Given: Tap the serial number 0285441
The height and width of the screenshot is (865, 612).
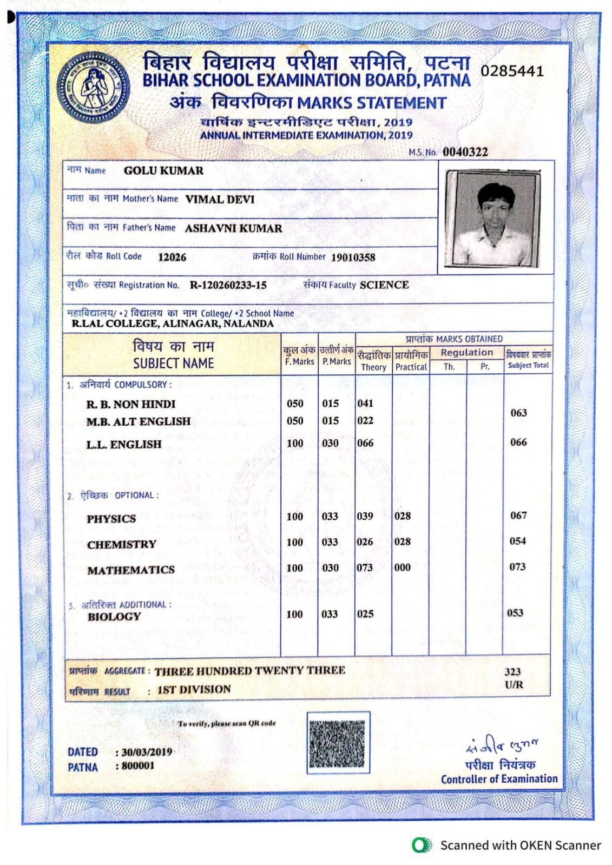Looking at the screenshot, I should tap(512, 71).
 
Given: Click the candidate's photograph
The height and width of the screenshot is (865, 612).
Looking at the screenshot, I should tap(492, 218).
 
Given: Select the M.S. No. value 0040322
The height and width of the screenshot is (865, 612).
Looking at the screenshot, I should tap(465, 152).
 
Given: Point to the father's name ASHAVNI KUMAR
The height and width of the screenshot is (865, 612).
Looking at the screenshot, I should tap(233, 228).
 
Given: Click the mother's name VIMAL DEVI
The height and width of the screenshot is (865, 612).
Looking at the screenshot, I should tap(220, 200).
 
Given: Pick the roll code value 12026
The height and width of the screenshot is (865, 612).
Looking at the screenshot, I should tap(172, 257).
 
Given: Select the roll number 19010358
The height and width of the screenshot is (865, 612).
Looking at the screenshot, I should tap(353, 257).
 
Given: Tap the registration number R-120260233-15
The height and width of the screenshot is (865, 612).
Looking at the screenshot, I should tap(228, 285).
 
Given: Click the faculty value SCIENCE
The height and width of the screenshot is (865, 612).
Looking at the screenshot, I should tap(384, 285).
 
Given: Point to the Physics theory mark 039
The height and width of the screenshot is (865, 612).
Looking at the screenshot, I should tap(365, 516).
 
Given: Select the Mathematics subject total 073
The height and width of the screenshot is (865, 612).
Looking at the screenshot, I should tap(517, 567).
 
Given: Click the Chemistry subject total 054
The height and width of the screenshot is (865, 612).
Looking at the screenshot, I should tap(517, 541).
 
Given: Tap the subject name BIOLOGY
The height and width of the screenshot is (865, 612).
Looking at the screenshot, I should tap(114, 617).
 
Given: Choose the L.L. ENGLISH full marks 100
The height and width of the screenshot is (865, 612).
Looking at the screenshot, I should tap(295, 444).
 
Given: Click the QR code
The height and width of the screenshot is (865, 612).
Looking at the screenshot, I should tap(338, 742).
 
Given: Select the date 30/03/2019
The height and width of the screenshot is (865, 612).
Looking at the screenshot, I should tap(147, 752).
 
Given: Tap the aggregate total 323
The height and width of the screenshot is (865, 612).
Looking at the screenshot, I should tap(512, 672).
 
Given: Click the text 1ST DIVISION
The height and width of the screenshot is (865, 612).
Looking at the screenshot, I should tap(194, 690).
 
